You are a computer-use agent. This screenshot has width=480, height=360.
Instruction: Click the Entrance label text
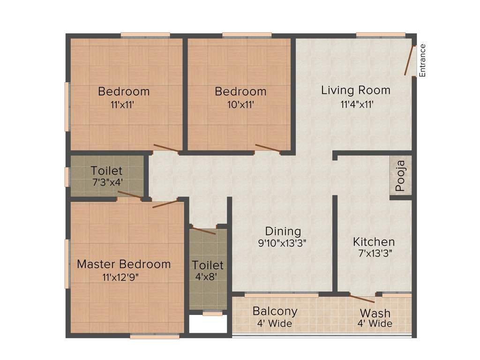(x=422, y=60)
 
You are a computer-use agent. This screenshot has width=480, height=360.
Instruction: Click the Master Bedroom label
(x=124, y=264)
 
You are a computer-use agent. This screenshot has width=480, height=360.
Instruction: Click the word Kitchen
(x=374, y=242)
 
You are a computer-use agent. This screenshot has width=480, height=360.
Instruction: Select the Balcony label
(x=275, y=311)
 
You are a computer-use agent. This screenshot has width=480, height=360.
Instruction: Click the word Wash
(x=375, y=313)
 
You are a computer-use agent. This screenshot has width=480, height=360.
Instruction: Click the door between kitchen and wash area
(x=362, y=298)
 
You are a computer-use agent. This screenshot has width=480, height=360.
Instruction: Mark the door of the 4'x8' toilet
(x=204, y=231)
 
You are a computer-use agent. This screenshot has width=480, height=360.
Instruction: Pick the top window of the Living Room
(x=381, y=35)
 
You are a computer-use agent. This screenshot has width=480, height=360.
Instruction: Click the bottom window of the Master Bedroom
(x=155, y=336)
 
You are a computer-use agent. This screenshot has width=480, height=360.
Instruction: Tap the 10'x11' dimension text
(x=240, y=105)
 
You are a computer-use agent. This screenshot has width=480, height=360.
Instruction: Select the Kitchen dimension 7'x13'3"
(x=374, y=253)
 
